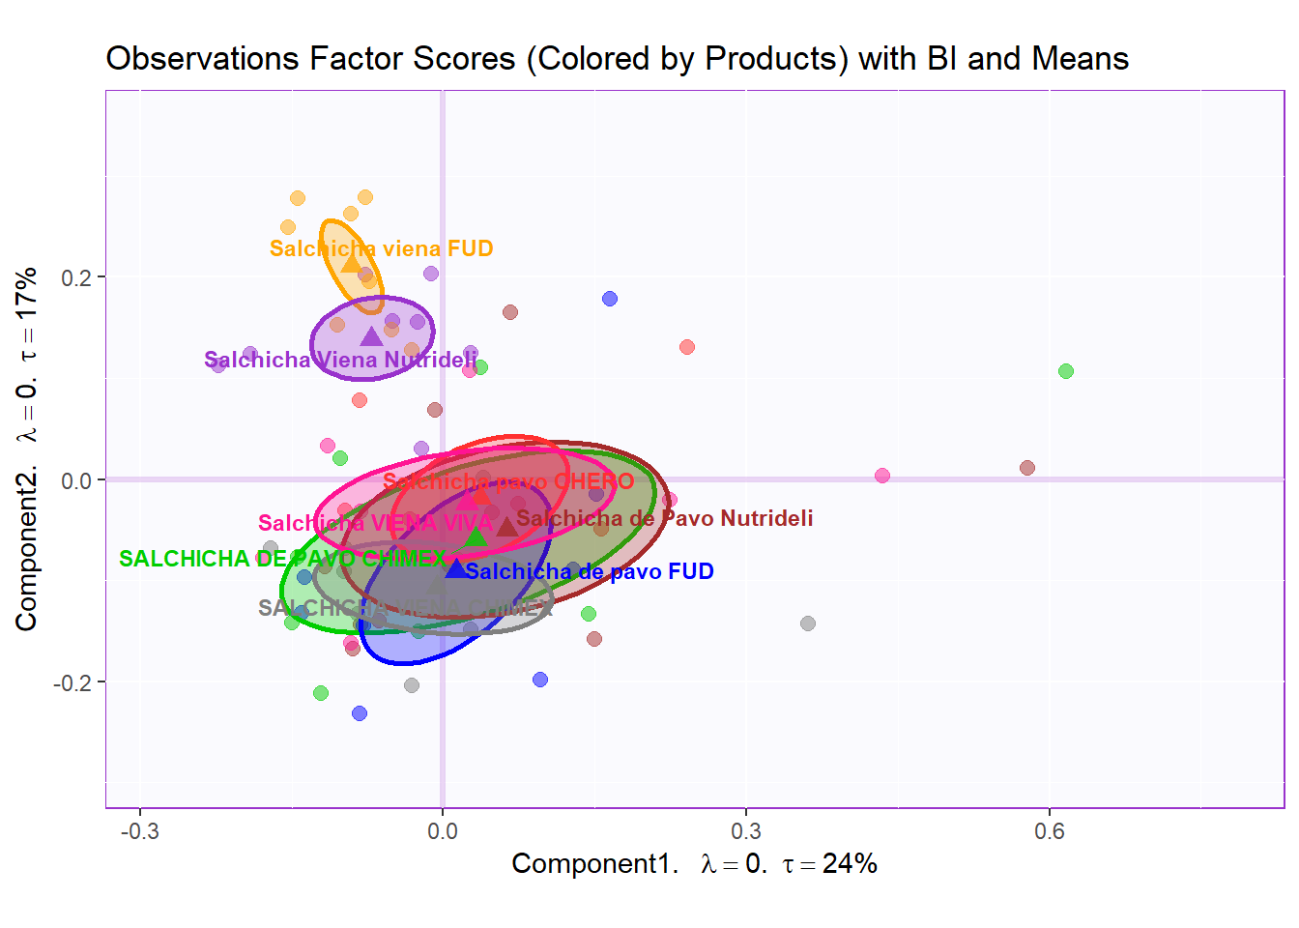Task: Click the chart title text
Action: pyautogui.click(x=617, y=59)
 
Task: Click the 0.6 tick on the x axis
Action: pyautogui.click(x=1049, y=831)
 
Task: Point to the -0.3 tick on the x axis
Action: pyautogui.click(x=139, y=831)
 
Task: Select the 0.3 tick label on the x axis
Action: pyautogui.click(x=745, y=831)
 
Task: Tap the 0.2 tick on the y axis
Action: pyautogui.click(x=76, y=278)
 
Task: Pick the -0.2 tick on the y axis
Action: pyautogui.click(x=72, y=683)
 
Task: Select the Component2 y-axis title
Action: pyautogui.click(x=27, y=449)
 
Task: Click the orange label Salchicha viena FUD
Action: pyautogui.click(x=381, y=249)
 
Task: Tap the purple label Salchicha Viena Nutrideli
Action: pyautogui.click(x=339, y=361)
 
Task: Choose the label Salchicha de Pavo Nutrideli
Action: pyautogui.click(x=664, y=519)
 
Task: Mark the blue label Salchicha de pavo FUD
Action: pyautogui.click(x=589, y=572)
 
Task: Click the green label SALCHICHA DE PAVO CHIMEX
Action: pyautogui.click(x=282, y=559)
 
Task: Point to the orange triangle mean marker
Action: pyautogui.click(x=351, y=264)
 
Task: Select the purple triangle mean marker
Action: pyautogui.click(x=371, y=336)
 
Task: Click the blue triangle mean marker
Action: pyautogui.click(x=456, y=567)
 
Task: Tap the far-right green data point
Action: pyautogui.click(x=1066, y=371)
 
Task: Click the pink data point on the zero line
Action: pyautogui.click(x=882, y=476)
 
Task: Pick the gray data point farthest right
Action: pyautogui.click(x=808, y=623)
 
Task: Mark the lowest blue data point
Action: pyautogui.click(x=360, y=713)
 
